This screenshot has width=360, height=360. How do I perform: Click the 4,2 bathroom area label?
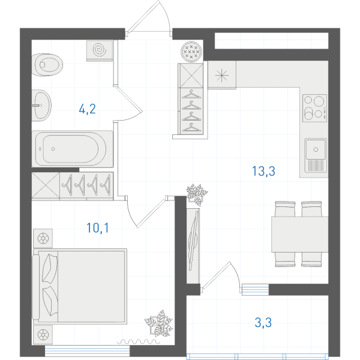tap(87, 109)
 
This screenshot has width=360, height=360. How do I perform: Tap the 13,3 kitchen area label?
tap(263, 171)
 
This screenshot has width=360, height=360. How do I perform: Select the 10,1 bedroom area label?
tap(98, 228)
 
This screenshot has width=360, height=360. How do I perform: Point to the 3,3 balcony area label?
tap(263, 322)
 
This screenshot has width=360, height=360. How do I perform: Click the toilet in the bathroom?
tap(47, 65)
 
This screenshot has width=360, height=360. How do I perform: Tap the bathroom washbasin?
tap(41, 106)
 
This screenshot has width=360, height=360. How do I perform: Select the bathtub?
tap(73, 149)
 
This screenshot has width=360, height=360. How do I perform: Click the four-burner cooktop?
tap(314, 108)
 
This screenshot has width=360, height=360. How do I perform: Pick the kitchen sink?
tap(316, 155)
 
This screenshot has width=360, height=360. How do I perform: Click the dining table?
tap(300, 235)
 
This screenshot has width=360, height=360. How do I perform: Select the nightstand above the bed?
tap(43, 238)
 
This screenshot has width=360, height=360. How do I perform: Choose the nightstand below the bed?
tap(43, 335)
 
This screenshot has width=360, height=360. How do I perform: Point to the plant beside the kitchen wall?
tap(197, 194)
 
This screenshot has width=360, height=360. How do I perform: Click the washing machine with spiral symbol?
tap(100, 50)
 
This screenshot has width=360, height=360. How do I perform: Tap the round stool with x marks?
tap(191, 52)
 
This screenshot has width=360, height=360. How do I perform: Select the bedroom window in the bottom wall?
tap(87, 351)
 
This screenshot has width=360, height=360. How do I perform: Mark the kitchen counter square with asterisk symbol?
tap(222, 75)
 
